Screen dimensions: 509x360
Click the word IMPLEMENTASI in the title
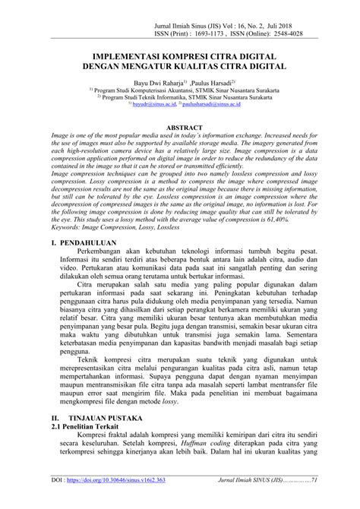[x=128, y=57]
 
